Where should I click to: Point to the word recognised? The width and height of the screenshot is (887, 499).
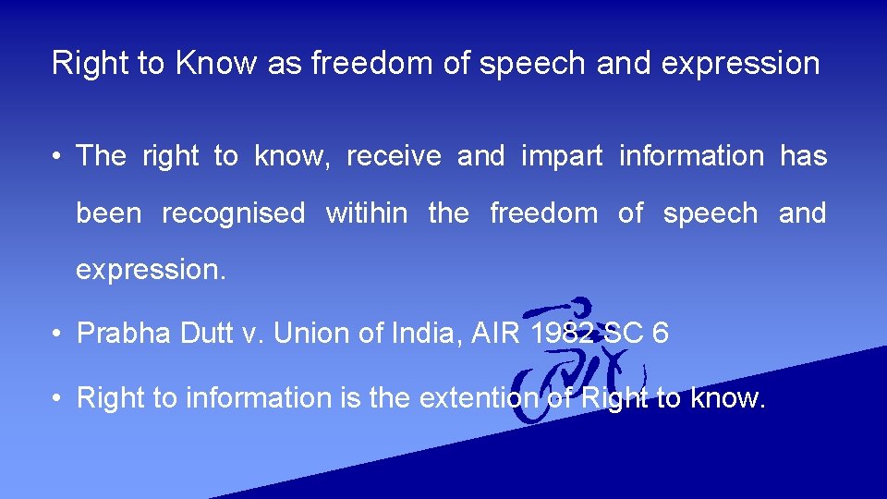(x=233, y=213)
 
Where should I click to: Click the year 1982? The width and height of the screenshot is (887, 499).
(x=562, y=333)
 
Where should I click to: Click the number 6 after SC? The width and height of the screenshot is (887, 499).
(x=660, y=333)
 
